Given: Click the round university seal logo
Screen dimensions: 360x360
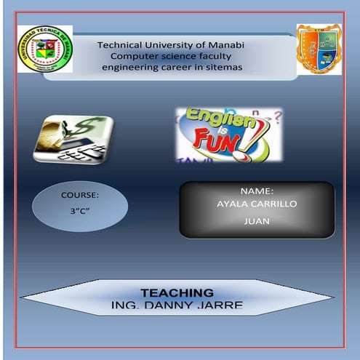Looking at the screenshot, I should (45, 49).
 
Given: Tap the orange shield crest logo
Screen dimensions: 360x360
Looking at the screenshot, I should (319, 49).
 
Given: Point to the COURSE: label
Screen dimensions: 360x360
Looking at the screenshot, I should (79, 196).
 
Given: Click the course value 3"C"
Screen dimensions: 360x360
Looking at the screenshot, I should (79, 216).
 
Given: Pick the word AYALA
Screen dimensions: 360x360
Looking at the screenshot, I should (232, 204).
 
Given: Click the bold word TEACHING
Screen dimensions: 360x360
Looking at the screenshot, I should (177, 292).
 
